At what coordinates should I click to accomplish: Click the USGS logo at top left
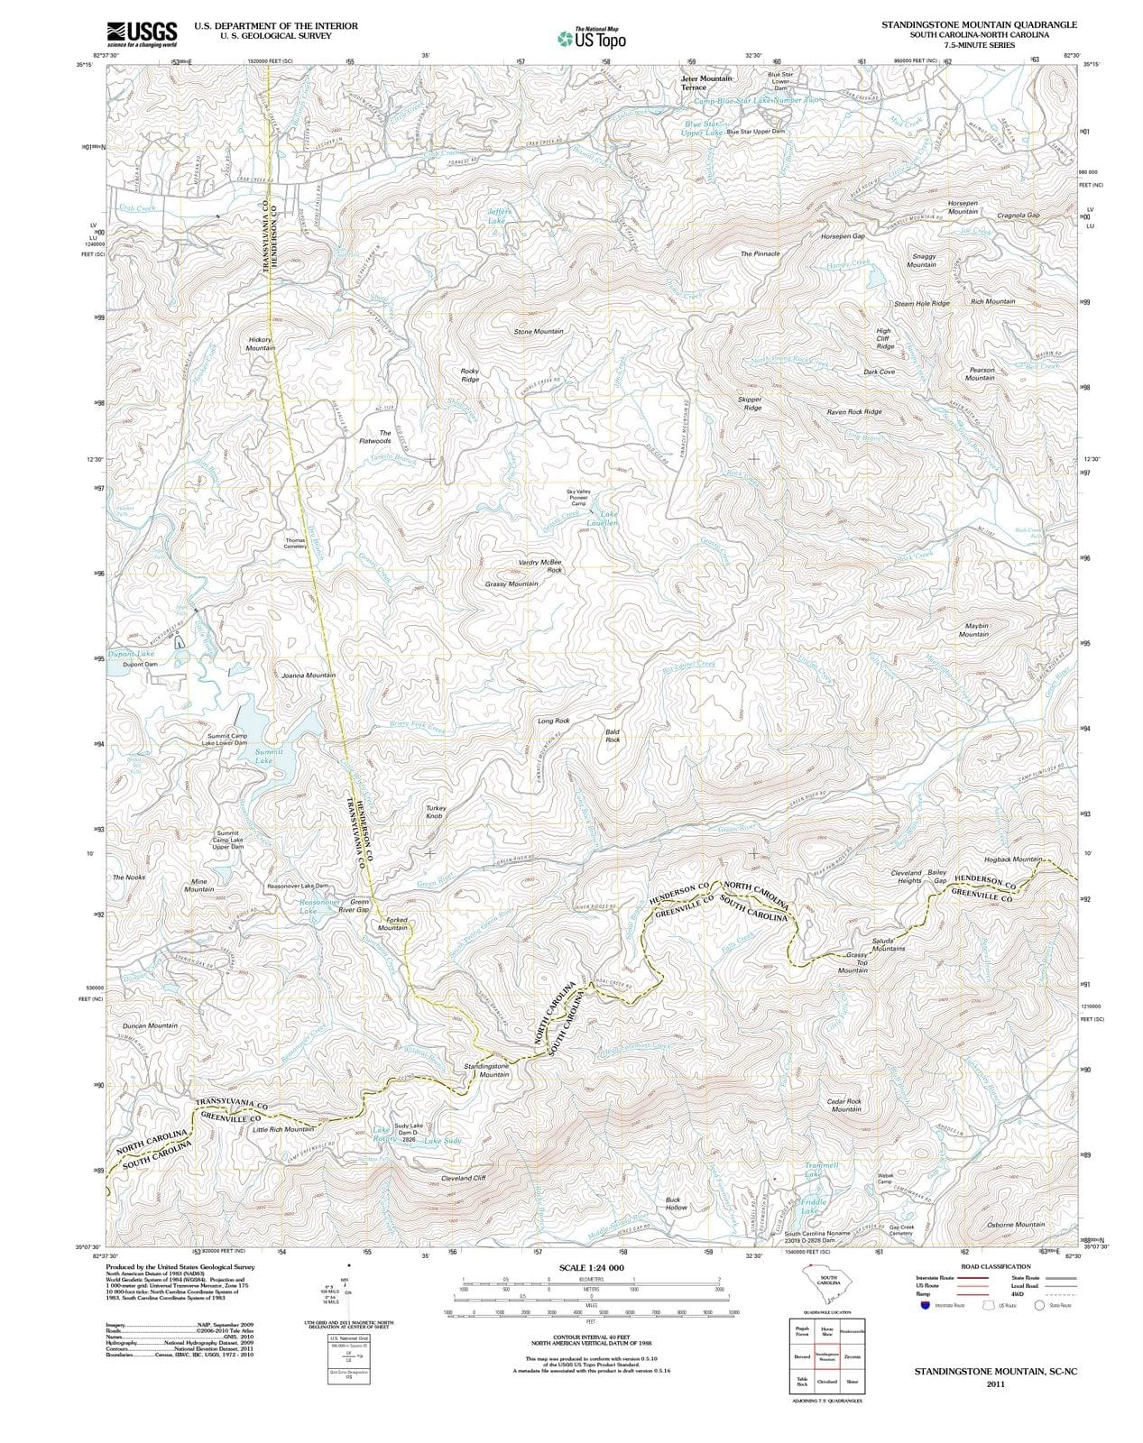coord(141,33)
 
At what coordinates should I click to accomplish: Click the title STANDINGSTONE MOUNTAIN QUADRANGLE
coord(979,24)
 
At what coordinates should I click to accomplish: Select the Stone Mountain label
coord(539,332)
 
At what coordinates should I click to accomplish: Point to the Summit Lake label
coord(269,756)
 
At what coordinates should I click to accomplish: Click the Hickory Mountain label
coord(261,344)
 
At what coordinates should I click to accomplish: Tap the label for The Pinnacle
coord(760,254)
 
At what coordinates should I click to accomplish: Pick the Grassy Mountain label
coord(512,584)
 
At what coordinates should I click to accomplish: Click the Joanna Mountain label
coord(309,675)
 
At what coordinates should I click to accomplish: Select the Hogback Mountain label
coord(1013,859)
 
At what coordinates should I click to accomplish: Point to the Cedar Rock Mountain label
coord(845,1105)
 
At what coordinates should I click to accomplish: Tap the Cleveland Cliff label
coord(463,1178)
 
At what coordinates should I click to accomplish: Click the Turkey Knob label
coord(436,812)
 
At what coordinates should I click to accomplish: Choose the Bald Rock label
coord(613,736)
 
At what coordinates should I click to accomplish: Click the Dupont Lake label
coord(132,653)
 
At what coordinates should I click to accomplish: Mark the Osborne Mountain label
coord(1016,1224)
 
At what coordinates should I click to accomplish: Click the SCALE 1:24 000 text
coord(591,1268)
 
